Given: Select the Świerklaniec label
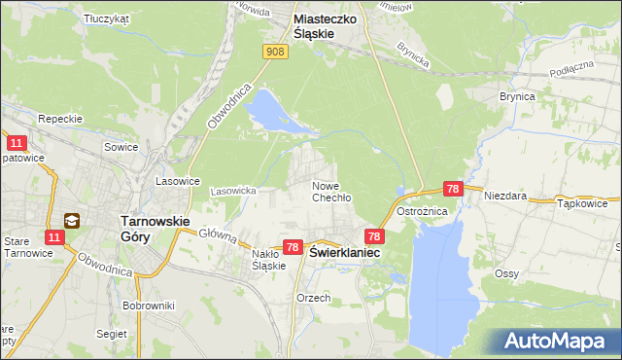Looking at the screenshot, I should point(345,251).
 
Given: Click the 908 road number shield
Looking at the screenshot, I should point(276,52).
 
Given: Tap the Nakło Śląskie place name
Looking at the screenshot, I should point(267,260).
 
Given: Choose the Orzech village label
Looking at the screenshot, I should point(314,298).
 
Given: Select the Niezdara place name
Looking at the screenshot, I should point(505,196).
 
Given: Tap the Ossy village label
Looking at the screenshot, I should point(505,273).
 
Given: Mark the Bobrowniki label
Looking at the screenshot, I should point(148,306).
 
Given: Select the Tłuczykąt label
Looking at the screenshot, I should point(106,18).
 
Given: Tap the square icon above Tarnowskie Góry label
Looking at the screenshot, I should point(72,221).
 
